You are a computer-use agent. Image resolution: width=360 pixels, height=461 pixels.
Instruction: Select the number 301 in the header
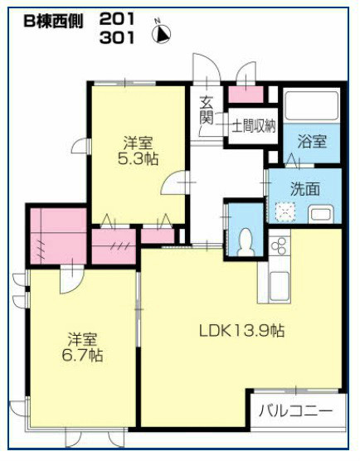[118, 37]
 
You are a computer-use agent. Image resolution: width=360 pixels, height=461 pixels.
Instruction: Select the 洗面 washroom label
[304, 189]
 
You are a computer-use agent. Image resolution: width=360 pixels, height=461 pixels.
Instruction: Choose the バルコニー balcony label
[295, 410]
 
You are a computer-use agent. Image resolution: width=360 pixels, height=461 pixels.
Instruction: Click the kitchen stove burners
[279, 245]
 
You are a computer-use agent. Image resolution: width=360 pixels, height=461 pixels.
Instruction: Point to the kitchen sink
[278, 286]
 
